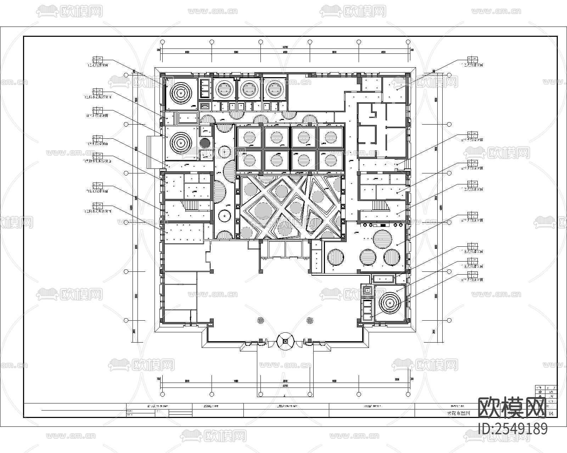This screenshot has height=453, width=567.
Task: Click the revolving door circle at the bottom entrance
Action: pos(285,341)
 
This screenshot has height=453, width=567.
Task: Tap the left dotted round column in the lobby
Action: pos(260,320)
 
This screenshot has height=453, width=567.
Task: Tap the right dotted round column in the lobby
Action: pos(310,320)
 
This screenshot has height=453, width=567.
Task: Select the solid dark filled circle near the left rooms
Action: pos(205,143)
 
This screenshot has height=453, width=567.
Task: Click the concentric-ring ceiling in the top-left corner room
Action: pos(181,92)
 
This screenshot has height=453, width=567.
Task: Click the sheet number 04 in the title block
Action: pos(551,413)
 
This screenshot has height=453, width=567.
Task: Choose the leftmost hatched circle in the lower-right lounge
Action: pos(336,257)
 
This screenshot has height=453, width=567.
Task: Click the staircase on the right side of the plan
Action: pos(379,205)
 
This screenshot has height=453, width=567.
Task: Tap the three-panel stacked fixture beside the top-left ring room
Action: pos(205,88)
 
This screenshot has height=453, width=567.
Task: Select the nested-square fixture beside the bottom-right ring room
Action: pos(367,290)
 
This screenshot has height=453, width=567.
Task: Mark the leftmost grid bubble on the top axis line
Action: pos(163,42)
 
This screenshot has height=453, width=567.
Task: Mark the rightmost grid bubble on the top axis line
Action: pos(408,42)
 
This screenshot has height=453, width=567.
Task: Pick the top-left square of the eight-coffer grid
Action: pos(249,137)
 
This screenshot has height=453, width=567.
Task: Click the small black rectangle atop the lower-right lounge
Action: pos(383,225)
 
